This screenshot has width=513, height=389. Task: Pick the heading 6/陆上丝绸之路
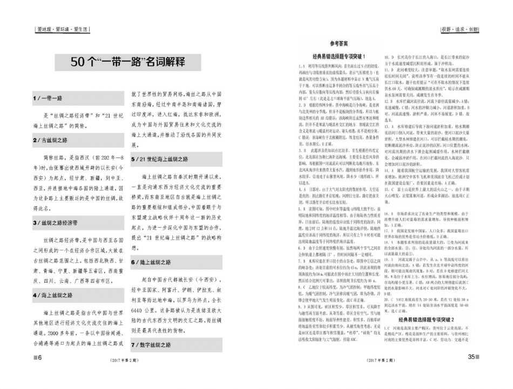coord(152,262)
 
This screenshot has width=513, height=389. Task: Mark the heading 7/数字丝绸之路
coord(152,344)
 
